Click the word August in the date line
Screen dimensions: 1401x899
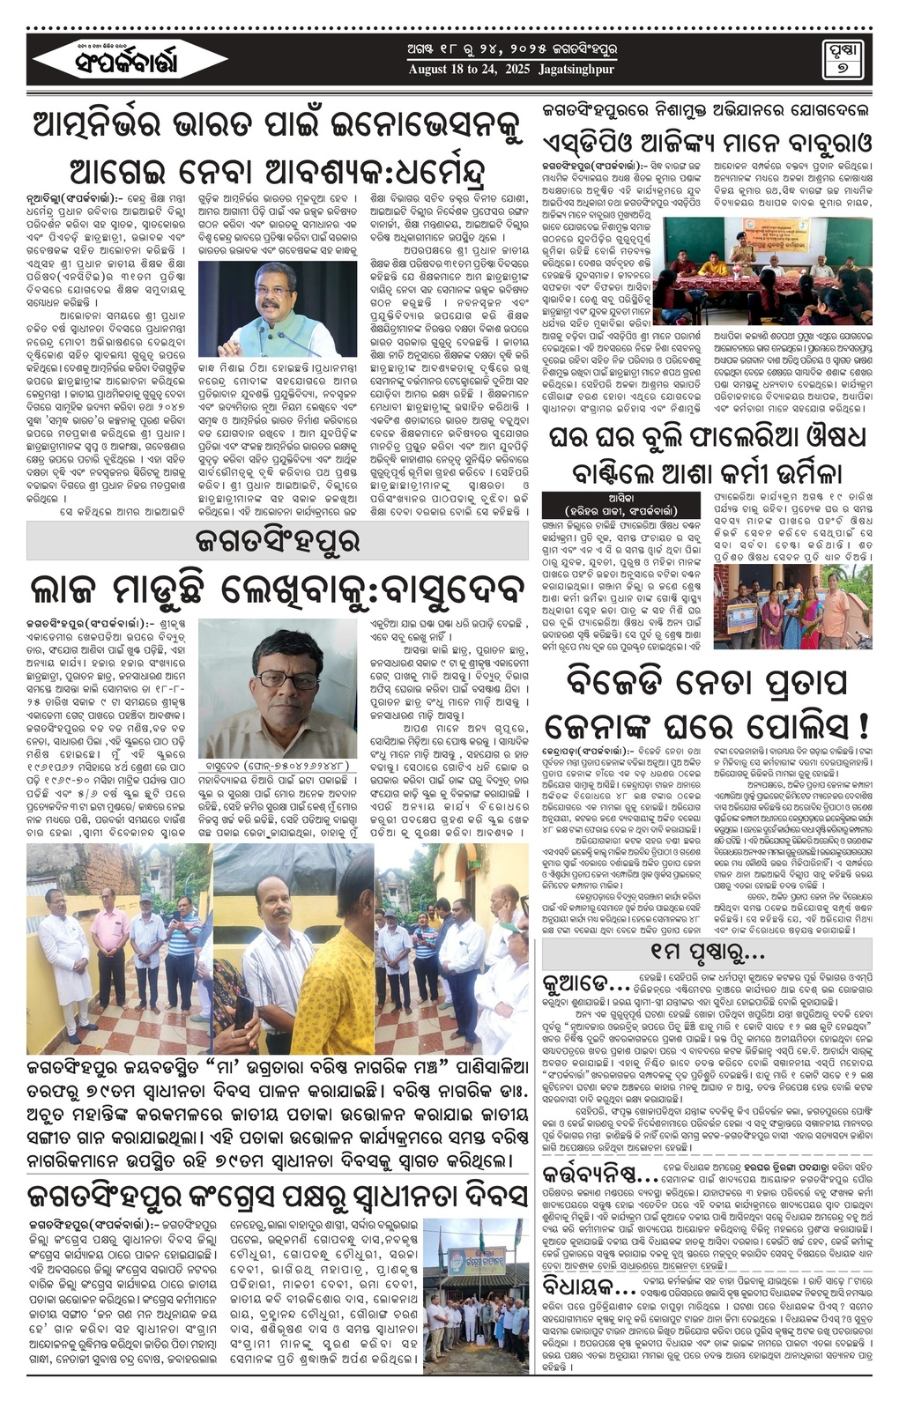(432, 69)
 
